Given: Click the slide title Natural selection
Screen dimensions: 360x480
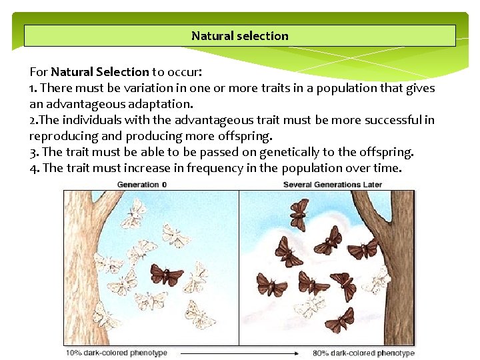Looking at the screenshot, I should [x=240, y=36].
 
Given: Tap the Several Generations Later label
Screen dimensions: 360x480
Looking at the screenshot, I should [x=333, y=185].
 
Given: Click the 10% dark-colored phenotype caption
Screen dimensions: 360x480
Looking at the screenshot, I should [x=116, y=353].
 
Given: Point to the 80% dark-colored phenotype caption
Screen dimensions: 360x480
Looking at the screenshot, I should [x=363, y=353].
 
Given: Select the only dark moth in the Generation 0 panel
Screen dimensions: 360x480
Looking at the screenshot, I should [x=167, y=274].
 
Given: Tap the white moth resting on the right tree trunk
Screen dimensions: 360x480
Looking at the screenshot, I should [x=378, y=280].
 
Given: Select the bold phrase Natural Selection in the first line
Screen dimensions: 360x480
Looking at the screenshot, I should [x=100, y=72].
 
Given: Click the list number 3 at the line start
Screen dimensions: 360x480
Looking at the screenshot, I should [x=34, y=152].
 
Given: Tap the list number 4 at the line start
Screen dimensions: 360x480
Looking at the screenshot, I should [x=34, y=168].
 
